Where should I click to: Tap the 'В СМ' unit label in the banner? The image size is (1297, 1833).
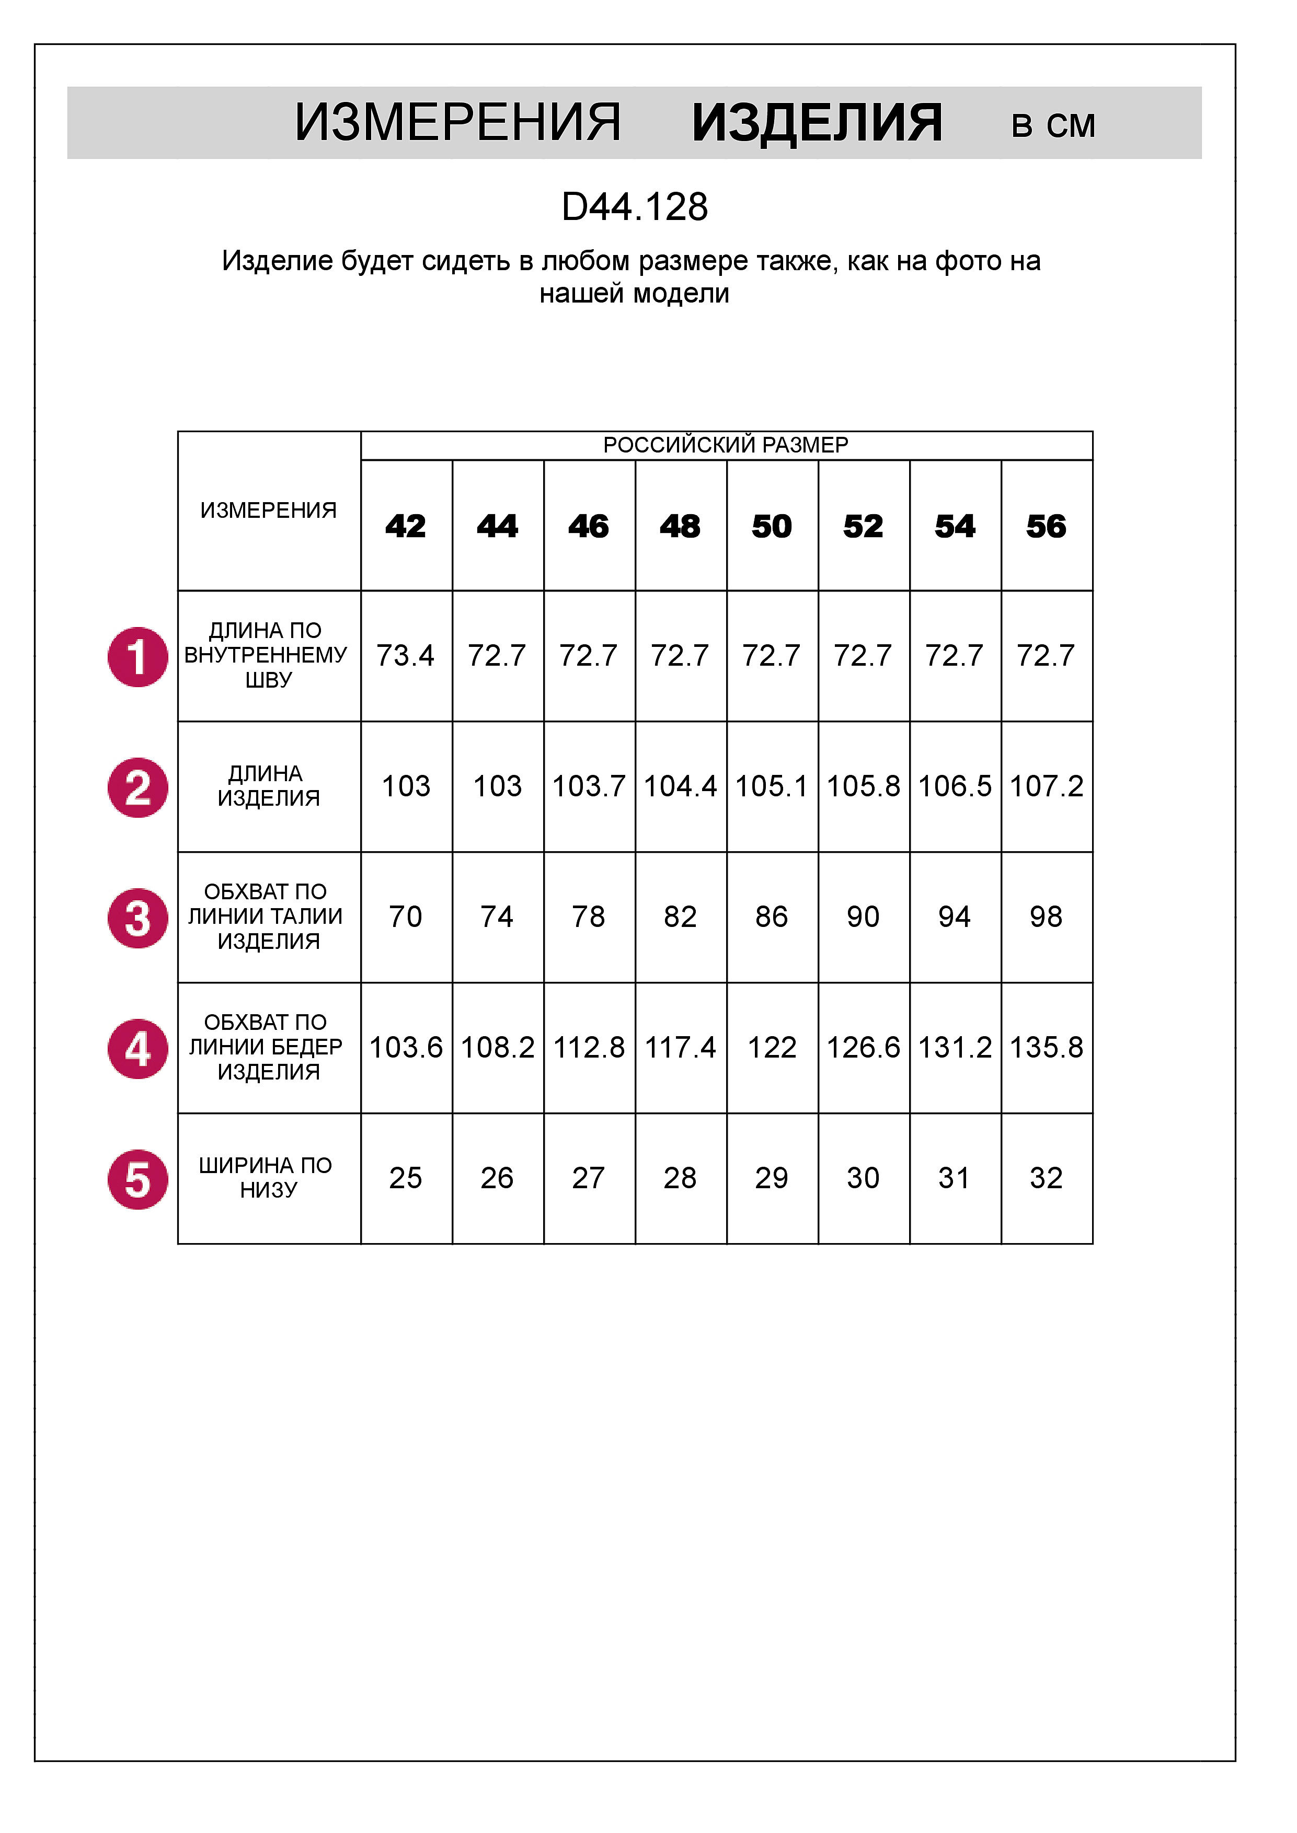click(1053, 126)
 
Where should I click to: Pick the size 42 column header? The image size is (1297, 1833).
click(406, 527)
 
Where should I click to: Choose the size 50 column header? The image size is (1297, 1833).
click(772, 527)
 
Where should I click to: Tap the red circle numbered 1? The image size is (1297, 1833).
click(138, 657)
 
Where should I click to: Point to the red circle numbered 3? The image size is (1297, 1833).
click(138, 918)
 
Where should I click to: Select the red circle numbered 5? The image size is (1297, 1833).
click(138, 1179)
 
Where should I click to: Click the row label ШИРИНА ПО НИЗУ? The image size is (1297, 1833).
click(268, 1178)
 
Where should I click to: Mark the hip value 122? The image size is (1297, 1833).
click(772, 1048)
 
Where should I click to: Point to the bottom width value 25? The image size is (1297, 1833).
click(406, 1178)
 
